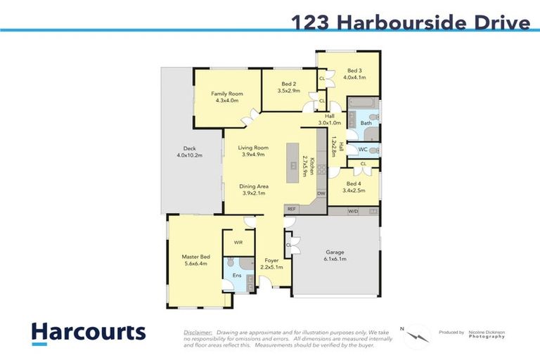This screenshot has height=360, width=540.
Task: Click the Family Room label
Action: pyautogui.click(x=227, y=94)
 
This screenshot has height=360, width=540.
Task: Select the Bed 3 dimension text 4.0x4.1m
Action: pyautogui.click(x=354, y=77)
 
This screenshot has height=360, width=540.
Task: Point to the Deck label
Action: pyautogui.click(x=189, y=148)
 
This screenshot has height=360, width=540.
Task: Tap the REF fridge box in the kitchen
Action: pyautogui.click(x=292, y=209)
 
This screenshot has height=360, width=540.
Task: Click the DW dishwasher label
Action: pyautogui.click(x=321, y=193)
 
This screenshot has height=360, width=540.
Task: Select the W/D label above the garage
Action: pyautogui.click(x=353, y=210)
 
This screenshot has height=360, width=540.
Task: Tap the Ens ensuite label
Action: pyautogui.click(x=236, y=276)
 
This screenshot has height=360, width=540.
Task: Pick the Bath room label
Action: pyautogui.click(x=366, y=123)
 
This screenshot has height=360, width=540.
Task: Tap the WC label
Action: pyautogui.click(x=363, y=149)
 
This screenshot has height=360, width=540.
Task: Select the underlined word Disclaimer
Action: pyautogui.click(x=198, y=331)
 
